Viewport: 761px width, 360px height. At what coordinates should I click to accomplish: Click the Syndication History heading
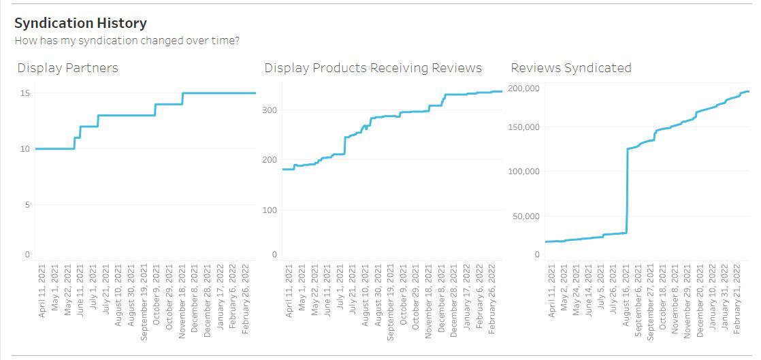80,23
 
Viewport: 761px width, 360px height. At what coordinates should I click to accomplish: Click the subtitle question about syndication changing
127,40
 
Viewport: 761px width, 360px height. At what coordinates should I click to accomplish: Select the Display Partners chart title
67,68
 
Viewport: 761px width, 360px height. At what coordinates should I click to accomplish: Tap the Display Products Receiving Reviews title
373,68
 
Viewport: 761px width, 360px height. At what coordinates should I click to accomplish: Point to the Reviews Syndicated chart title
571,68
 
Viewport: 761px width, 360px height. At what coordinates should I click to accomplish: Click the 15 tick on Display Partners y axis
25,93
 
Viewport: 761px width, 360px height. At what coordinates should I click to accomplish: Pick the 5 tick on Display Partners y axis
27,206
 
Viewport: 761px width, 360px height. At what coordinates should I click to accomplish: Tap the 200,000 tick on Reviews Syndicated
524,88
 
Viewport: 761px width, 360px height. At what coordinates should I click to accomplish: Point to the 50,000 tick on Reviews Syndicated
526,216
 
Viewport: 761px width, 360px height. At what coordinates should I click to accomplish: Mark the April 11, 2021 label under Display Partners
42,291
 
